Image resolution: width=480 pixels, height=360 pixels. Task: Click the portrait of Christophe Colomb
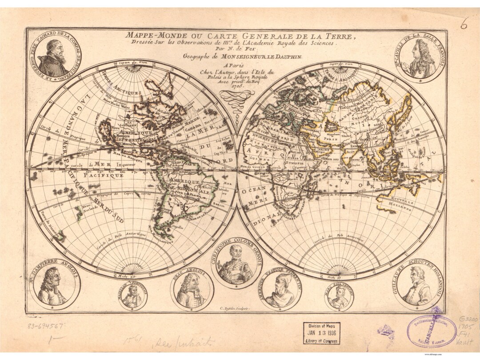tap(236, 264)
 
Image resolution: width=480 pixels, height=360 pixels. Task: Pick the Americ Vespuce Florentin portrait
tap(281, 291)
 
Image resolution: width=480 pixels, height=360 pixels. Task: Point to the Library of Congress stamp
tap(321, 333)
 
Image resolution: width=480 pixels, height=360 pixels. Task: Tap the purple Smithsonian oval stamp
tap(431, 331)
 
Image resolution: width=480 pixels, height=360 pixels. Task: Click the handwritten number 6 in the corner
tap(464, 25)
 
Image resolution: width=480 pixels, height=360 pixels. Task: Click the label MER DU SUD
tap(107, 213)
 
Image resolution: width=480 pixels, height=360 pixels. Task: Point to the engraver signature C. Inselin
tap(235, 308)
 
